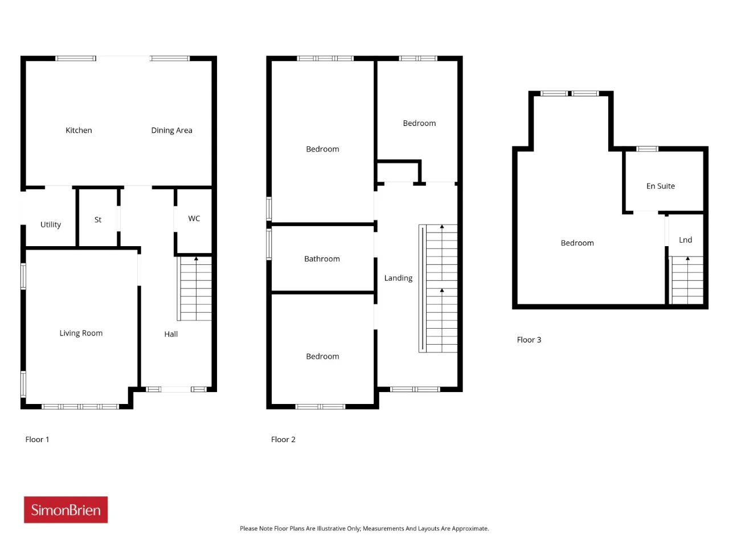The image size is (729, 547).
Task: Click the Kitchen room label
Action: [x=79, y=130]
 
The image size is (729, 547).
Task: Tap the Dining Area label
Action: [x=171, y=130]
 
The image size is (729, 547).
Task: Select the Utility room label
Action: [x=51, y=224]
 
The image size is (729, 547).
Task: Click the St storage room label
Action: [x=97, y=219]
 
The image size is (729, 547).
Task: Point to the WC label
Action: [x=194, y=219]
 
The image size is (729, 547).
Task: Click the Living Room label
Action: [x=81, y=333]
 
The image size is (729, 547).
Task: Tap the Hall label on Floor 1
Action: [x=171, y=334]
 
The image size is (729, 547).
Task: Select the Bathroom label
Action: [x=322, y=259]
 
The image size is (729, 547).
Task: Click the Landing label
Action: [x=398, y=278]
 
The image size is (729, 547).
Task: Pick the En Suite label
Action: [x=660, y=186]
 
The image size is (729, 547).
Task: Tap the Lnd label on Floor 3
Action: [x=685, y=240]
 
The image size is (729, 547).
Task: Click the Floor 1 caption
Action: [x=37, y=439]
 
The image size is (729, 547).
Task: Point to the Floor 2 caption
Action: [x=283, y=439]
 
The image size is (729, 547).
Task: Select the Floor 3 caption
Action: [x=529, y=340]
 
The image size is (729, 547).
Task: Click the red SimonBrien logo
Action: [x=65, y=510]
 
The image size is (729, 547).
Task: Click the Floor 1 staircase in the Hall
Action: [x=195, y=289]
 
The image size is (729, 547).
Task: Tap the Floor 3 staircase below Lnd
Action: [x=686, y=280]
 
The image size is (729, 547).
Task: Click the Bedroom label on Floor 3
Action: [x=578, y=243]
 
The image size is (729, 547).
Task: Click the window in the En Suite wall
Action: [x=647, y=149]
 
